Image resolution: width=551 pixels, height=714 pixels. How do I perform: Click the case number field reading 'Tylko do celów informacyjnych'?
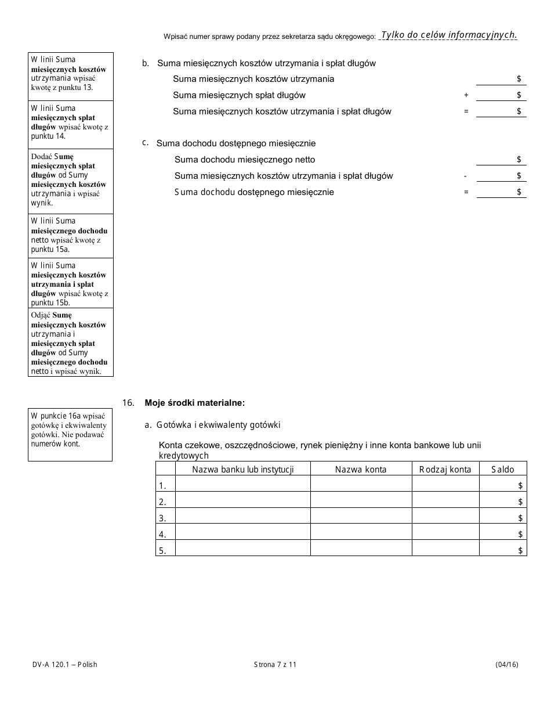pos(448,35)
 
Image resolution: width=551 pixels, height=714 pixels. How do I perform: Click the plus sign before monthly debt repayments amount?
pos(466,95)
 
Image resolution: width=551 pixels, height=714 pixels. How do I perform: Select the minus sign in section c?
pos(466,176)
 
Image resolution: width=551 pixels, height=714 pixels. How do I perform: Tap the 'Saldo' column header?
pos(503,469)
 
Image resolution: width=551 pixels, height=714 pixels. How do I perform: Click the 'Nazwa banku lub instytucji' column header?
pos(242,469)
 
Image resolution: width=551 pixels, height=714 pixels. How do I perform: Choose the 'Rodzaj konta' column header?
pos(445,469)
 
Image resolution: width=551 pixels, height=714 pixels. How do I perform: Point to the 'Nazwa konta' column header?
pos(361,469)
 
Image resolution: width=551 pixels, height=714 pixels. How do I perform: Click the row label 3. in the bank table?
pos(163,518)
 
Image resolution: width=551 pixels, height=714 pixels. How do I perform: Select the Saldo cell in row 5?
pos(503,550)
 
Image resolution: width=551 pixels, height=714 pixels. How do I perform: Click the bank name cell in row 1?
pos(242,485)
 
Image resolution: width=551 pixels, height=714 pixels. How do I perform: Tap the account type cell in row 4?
pos(445,533)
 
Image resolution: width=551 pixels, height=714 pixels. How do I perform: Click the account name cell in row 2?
pos(361,501)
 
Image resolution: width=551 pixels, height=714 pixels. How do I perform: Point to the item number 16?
pos(129,402)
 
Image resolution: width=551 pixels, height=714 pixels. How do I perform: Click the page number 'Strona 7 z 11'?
pos(275,665)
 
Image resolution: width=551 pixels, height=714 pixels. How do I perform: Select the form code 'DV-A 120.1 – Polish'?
pos(64,665)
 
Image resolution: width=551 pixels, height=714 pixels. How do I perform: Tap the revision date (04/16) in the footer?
pos(506,665)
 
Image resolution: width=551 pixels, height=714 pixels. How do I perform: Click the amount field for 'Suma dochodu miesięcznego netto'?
pos(501,160)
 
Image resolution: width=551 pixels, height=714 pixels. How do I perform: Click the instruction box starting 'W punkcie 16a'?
pos(70,435)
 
